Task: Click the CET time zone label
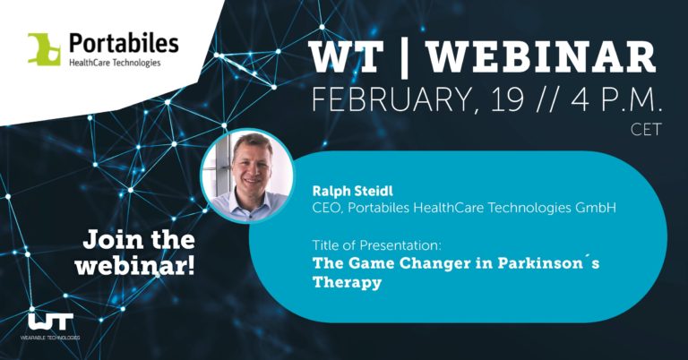pos(646,130)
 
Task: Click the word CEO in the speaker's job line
pos(326,210)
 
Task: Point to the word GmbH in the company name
pos(591,210)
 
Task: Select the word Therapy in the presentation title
pos(347,283)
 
